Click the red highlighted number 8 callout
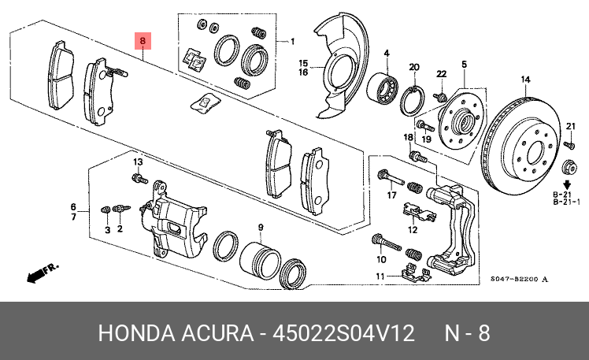[x=143, y=41]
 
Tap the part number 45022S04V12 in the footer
[x=343, y=333]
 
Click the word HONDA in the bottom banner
[x=136, y=333]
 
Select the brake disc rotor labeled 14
[x=520, y=146]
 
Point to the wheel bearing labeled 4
[x=382, y=88]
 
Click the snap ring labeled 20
[x=413, y=100]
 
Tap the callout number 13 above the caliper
[x=139, y=162]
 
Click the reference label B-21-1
[x=566, y=202]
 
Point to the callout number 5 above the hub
[x=465, y=65]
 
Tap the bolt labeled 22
[x=440, y=97]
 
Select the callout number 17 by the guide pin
[x=392, y=195]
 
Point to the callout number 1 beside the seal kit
[x=293, y=41]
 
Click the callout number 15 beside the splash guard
[x=303, y=63]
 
